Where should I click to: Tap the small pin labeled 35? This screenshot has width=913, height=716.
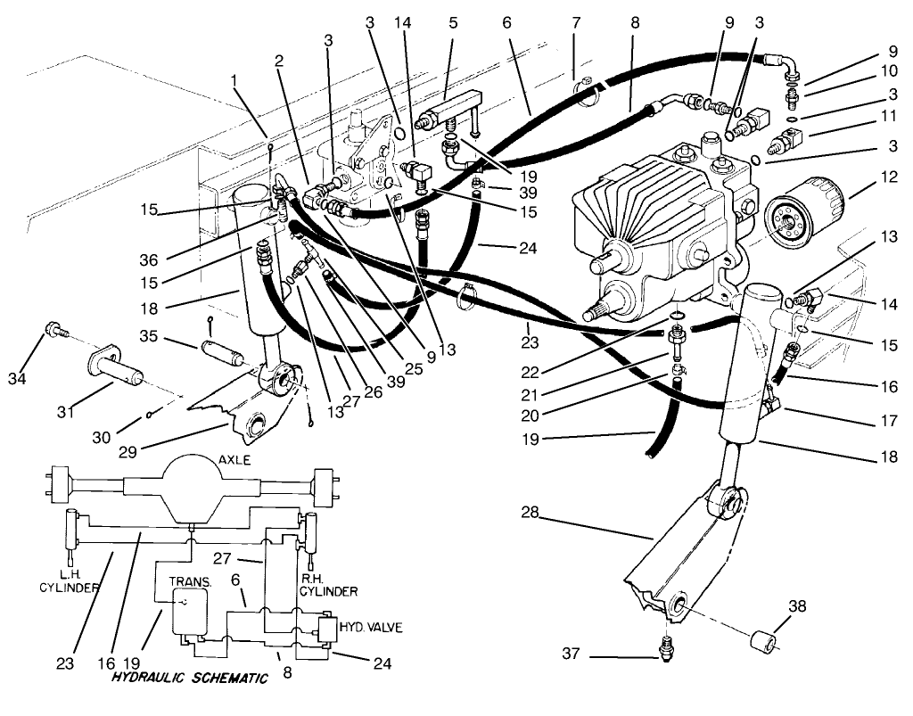click(x=223, y=343)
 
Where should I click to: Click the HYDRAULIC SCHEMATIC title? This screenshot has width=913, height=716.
click(x=190, y=679)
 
